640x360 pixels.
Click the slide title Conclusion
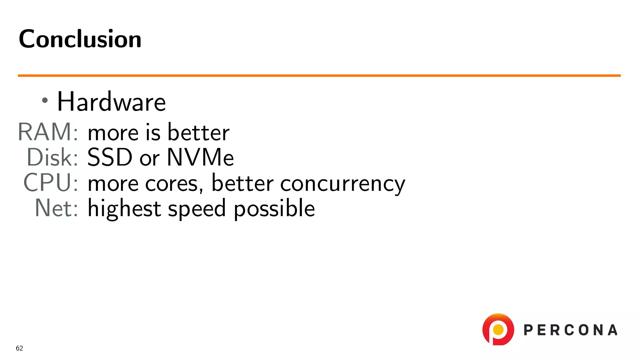click(x=80, y=39)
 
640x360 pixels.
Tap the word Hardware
click(x=111, y=102)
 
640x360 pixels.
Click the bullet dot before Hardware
click(x=45, y=100)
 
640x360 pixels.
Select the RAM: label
click(x=48, y=132)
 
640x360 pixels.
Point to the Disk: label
click(x=52, y=157)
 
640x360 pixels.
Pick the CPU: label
click(x=51, y=182)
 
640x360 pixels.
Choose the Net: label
click(x=56, y=208)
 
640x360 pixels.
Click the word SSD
click(x=110, y=157)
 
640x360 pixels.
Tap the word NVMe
click(x=200, y=157)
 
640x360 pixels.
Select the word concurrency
click(x=342, y=184)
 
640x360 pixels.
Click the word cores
click(x=172, y=184)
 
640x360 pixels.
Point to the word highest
click(x=124, y=209)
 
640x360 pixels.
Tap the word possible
click(x=274, y=209)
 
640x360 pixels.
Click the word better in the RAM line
click(x=198, y=132)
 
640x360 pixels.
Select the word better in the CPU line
click(x=242, y=183)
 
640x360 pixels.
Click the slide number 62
click(x=19, y=348)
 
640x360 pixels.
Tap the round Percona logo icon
click(x=498, y=330)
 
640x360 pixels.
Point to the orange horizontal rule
click(x=319, y=76)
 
